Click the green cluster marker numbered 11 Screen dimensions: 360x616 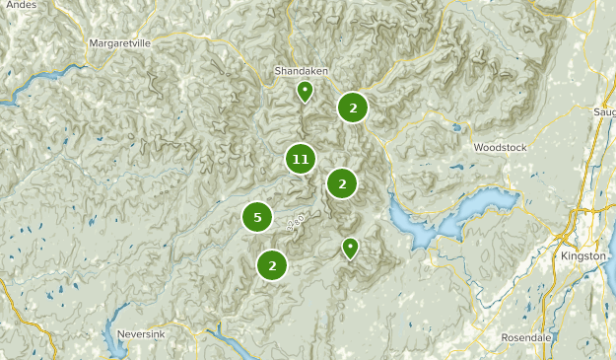coord(302,158)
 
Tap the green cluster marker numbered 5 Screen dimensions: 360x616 coord(257,217)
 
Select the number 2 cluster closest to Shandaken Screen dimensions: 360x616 coord(353,108)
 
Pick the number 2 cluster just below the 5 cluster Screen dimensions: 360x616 coord(272,264)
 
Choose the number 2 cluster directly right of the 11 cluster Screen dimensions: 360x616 coord(342,182)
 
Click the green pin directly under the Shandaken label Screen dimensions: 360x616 coord(305,92)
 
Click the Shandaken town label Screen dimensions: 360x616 coord(301,72)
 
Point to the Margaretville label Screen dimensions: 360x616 coord(120,44)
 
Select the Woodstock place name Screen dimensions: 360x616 coord(501,148)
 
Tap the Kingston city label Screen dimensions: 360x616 coord(582,256)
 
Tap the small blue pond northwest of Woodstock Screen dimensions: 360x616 coord(455,127)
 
